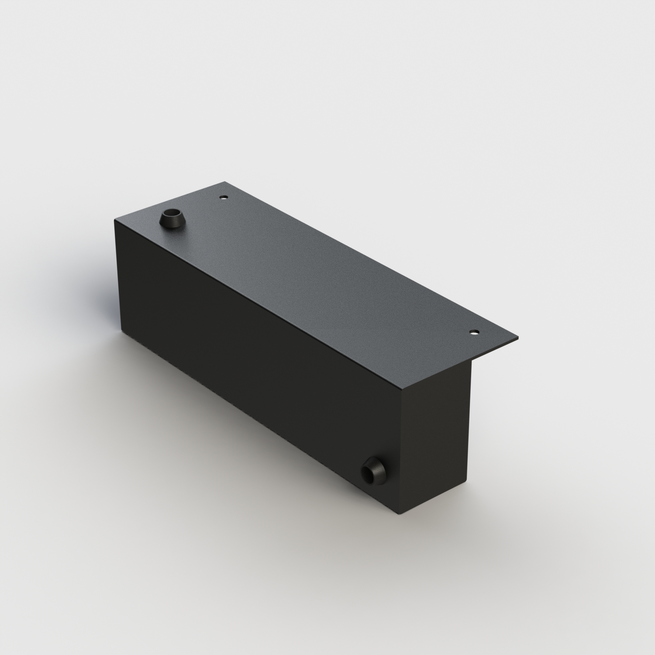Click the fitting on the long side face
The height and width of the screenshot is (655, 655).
pyautogui.click(x=373, y=470)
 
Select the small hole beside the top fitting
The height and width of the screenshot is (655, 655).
pyautogui.click(x=224, y=197)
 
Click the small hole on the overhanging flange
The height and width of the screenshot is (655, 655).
pyautogui.click(x=473, y=333)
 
